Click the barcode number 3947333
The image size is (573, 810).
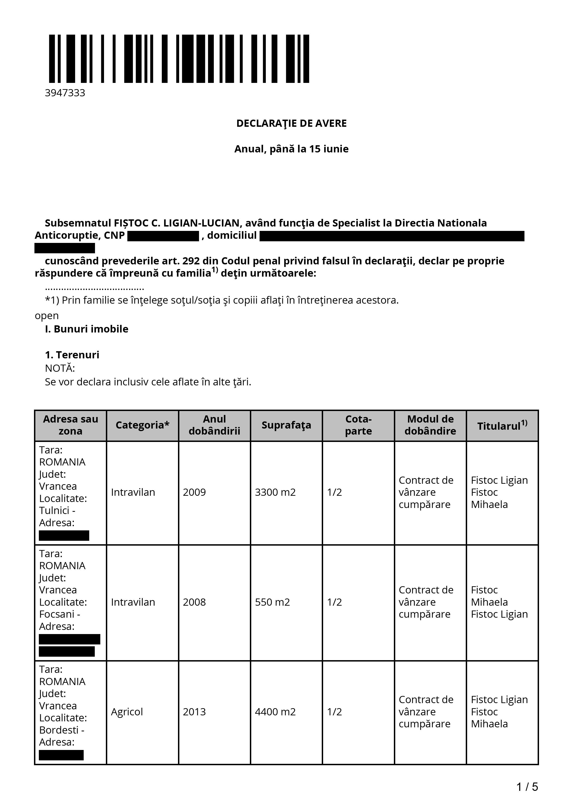point(65,93)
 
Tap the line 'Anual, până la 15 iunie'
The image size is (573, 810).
point(291,149)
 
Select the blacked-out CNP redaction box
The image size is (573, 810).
point(163,236)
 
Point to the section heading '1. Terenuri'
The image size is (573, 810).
point(72,355)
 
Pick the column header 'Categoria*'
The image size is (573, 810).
point(142,425)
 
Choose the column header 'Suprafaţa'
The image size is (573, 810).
point(286,425)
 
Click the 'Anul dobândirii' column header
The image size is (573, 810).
point(214,425)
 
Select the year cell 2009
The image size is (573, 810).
point(194,492)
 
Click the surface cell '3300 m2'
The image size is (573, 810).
point(275,492)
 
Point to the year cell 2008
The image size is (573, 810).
point(194,602)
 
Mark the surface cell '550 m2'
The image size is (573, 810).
point(272,602)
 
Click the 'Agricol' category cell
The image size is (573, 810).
point(127,712)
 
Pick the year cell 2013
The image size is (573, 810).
point(194,712)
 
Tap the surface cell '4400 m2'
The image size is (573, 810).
point(275,712)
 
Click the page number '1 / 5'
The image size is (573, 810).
point(527,787)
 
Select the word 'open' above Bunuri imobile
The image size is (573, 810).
point(47,315)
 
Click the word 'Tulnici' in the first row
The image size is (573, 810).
point(54,511)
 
